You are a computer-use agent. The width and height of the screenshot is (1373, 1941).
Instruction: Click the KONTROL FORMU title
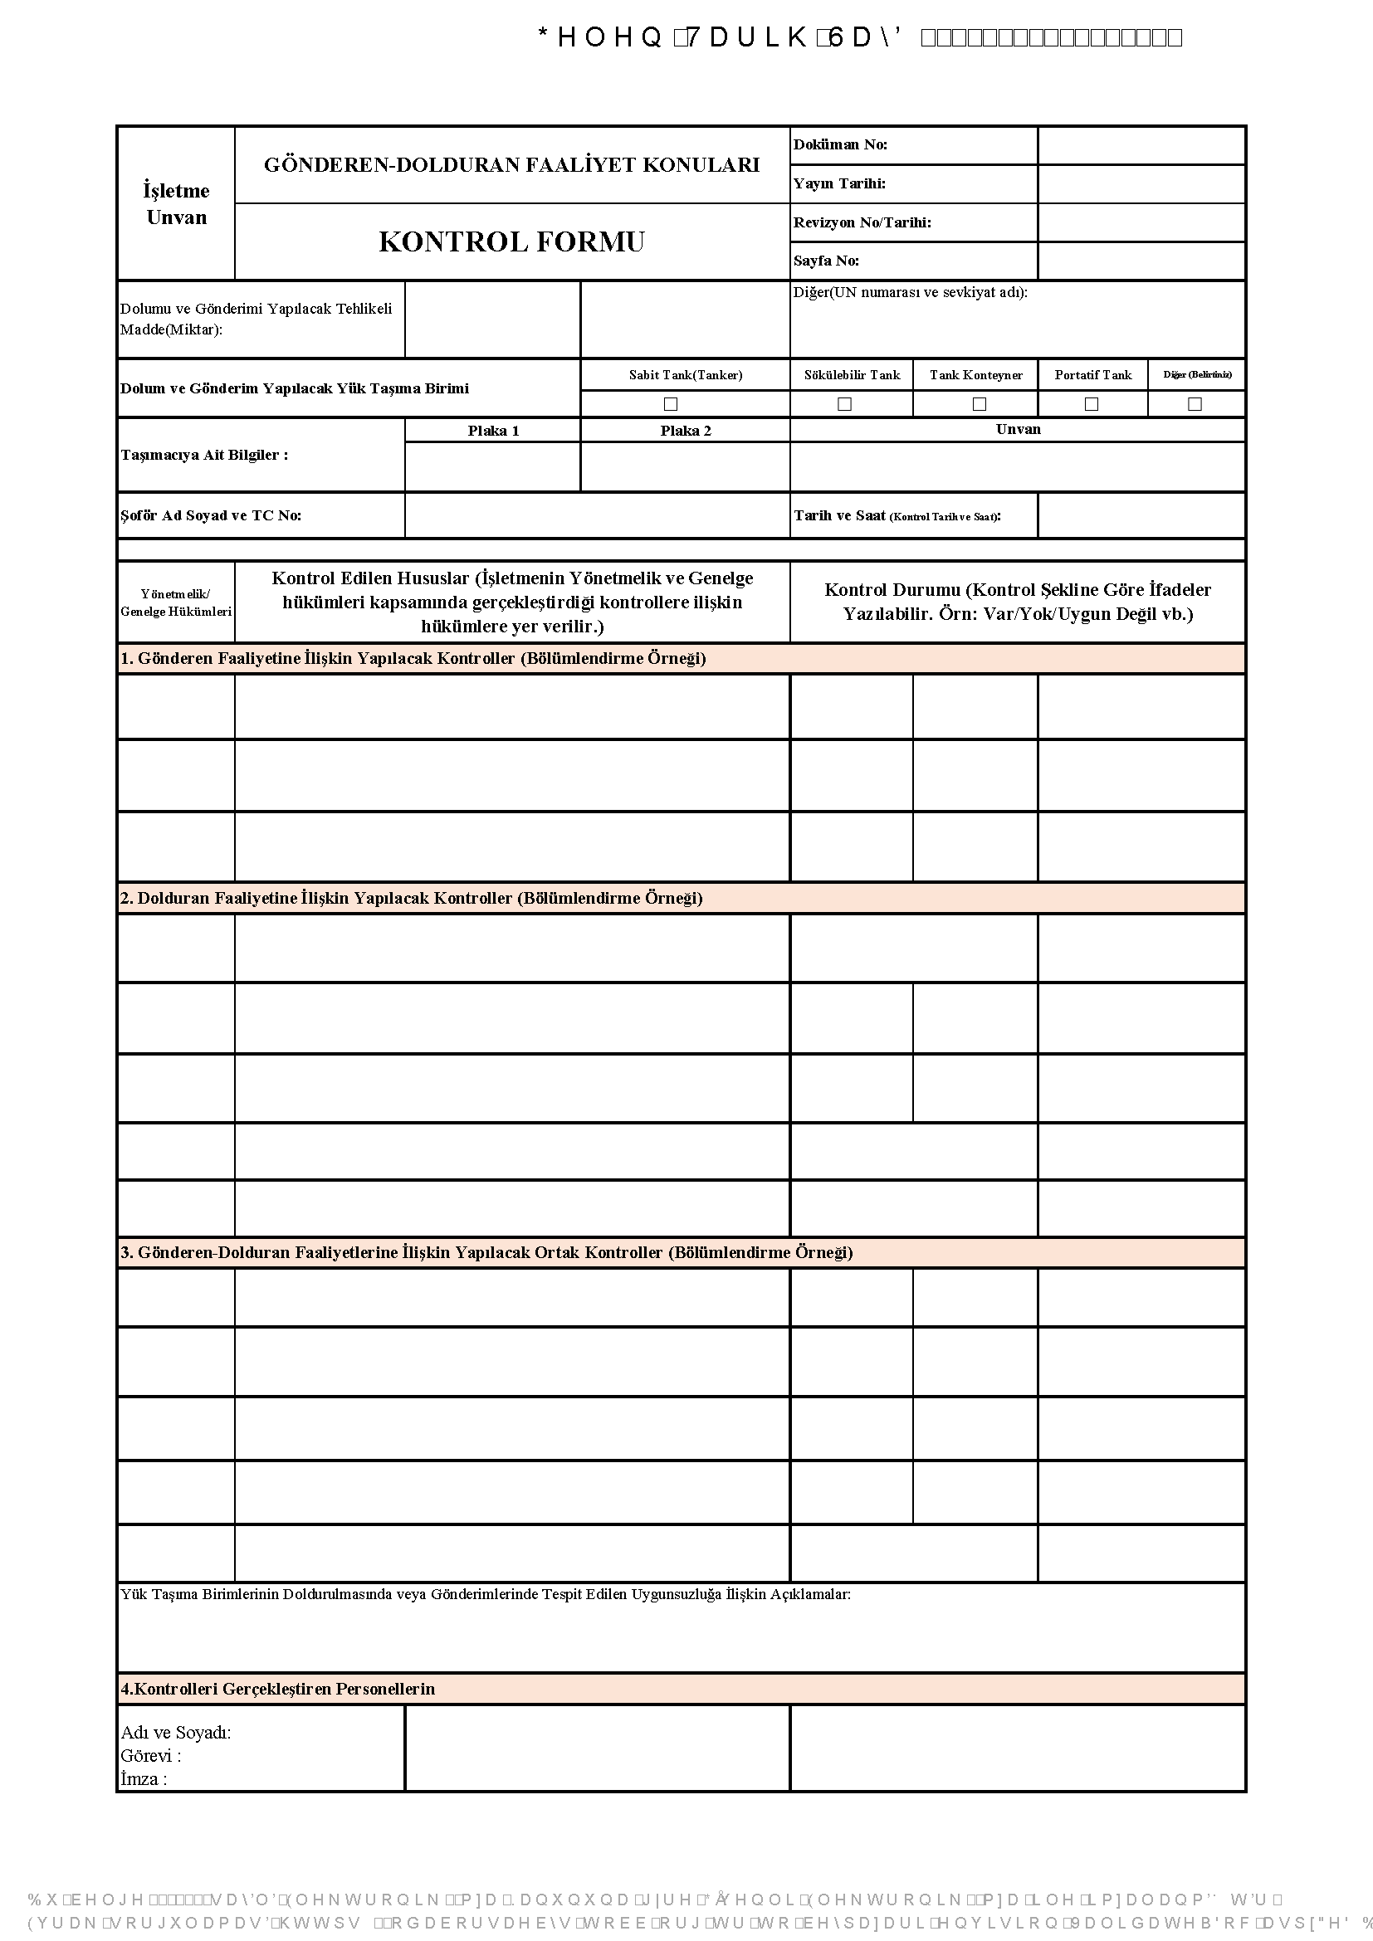tap(511, 241)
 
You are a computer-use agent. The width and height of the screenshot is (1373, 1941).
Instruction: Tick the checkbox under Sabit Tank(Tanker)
tap(671, 404)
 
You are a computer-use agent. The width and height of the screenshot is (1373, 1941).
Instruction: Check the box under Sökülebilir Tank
tap(843, 404)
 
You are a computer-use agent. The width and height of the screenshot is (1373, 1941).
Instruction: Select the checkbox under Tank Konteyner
tap(979, 404)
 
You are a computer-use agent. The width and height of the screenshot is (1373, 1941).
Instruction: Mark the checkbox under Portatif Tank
tap(1092, 404)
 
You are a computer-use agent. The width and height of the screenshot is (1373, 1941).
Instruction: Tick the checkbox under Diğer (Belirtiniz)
tap(1195, 404)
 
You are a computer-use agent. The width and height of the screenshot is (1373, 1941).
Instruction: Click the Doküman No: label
tap(840, 144)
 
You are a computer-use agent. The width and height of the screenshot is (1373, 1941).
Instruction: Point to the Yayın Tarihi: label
tap(839, 183)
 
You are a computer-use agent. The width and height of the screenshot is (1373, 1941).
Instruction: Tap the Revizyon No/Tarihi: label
tap(862, 222)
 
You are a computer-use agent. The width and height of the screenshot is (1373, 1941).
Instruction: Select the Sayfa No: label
tap(826, 261)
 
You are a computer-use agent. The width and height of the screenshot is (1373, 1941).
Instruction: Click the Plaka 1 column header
tap(494, 431)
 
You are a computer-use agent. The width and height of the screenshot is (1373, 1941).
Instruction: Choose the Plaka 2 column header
tap(686, 431)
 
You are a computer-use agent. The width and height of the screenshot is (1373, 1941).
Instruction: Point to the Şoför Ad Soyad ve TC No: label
tap(211, 515)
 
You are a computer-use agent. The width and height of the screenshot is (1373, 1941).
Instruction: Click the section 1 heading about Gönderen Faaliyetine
tap(413, 659)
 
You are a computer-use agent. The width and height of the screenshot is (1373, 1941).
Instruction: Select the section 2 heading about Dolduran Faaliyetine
tap(411, 898)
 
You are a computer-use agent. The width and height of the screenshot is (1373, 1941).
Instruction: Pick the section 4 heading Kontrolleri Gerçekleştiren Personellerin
tap(277, 1689)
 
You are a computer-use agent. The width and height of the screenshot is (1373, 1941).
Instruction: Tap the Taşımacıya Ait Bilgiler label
tap(203, 455)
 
